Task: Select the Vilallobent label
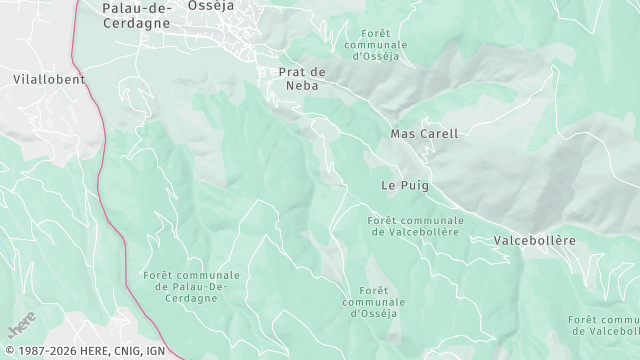(50, 79)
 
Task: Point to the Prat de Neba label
(302, 79)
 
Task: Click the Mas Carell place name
(424, 133)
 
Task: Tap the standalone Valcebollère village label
(535, 241)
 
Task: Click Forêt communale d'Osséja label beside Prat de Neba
(375, 44)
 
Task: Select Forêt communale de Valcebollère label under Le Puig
(415, 225)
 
